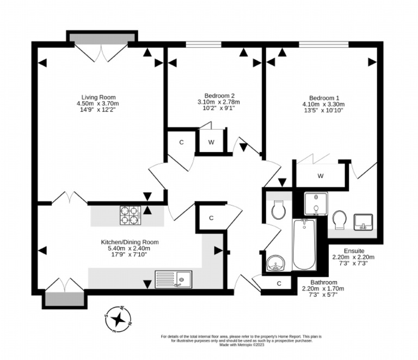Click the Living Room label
(x=99, y=97)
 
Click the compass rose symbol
(x=118, y=320)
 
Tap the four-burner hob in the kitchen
(x=130, y=215)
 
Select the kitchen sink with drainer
(x=173, y=279)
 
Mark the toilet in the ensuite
(x=341, y=220)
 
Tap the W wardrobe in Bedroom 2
(x=211, y=143)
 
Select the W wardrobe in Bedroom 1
(x=321, y=175)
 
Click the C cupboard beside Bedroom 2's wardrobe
(x=181, y=143)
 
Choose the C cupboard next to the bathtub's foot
(x=279, y=283)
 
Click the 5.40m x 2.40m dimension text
(x=130, y=249)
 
